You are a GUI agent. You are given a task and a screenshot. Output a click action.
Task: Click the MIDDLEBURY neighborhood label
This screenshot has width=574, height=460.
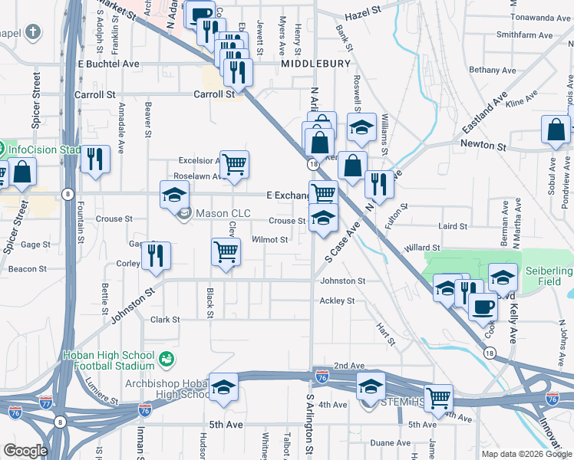[x=315, y=64]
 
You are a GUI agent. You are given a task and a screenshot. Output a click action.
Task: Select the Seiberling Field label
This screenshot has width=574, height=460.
[x=548, y=276]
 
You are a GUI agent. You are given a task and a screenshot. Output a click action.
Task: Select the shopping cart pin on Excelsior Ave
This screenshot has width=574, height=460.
[x=234, y=164]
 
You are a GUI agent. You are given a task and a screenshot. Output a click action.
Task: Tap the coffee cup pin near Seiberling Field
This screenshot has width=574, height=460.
[x=482, y=307]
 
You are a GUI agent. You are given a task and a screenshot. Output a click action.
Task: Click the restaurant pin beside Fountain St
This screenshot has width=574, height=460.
[x=95, y=159]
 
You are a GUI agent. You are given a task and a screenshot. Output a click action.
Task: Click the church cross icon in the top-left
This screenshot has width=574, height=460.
[x=32, y=32]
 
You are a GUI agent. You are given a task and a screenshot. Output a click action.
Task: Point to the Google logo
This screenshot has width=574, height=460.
[x=25, y=451]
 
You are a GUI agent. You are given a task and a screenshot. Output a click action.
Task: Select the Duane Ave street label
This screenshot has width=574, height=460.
[x=390, y=442]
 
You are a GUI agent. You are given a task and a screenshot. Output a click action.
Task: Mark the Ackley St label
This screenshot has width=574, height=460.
[x=337, y=301]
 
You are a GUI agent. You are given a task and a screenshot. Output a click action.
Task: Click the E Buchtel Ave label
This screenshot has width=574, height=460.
[x=109, y=64]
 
